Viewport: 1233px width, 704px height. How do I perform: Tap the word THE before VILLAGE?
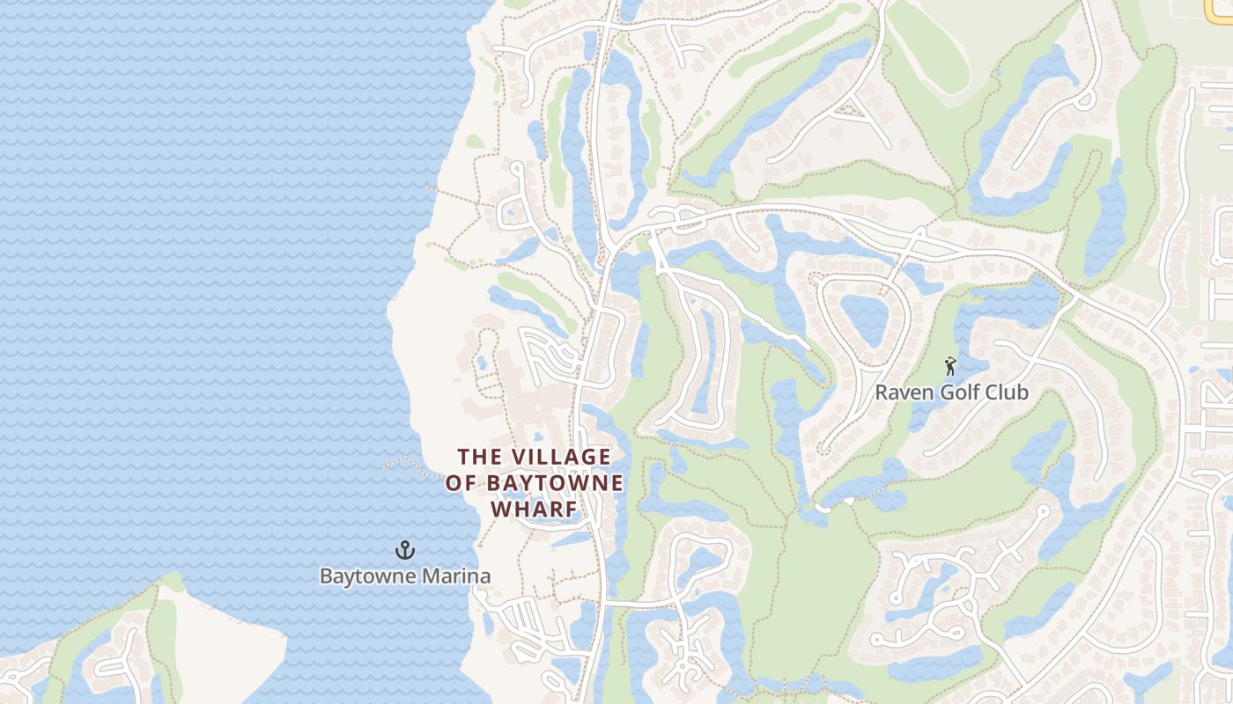tap(480, 457)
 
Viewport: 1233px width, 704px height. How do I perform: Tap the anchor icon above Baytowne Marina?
tap(404, 551)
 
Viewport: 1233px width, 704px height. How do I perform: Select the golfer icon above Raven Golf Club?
tap(950, 365)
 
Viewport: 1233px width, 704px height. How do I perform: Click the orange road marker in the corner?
tap(1219, 8)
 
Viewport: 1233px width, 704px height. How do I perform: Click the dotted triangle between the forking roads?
tap(849, 111)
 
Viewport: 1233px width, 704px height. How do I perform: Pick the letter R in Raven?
tap(881, 392)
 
